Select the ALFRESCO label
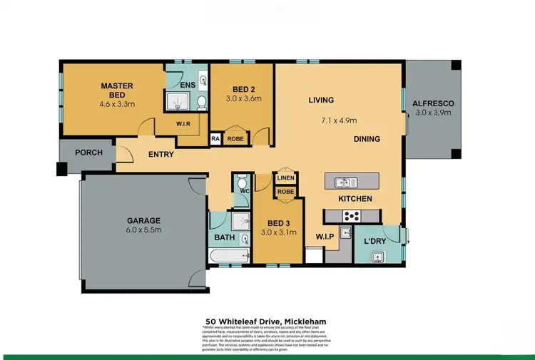tap(433, 103)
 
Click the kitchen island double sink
tap(341, 182)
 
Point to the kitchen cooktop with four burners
tap(351, 216)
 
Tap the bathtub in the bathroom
tap(228, 256)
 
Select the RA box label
tap(215, 140)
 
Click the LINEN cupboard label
tap(286, 179)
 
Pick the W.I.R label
tap(184, 123)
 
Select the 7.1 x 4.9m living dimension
tap(339, 120)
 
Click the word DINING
tap(367, 139)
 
